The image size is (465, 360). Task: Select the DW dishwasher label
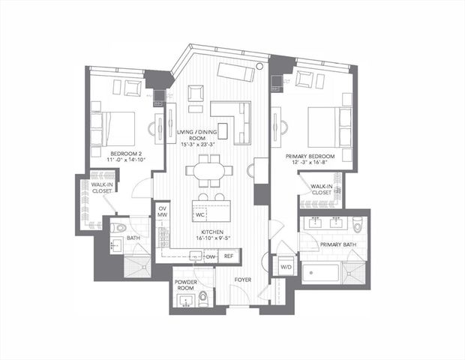tap(211, 256)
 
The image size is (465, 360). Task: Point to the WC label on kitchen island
tap(200, 214)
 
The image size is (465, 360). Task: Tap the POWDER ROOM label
tap(186, 285)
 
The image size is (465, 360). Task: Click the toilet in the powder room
tap(203, 300)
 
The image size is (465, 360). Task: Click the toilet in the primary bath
tap(358, 223)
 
